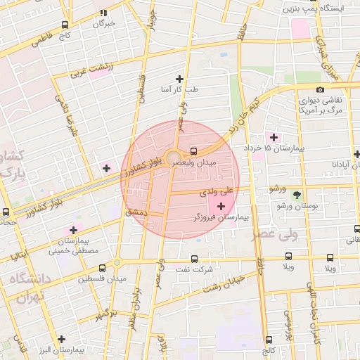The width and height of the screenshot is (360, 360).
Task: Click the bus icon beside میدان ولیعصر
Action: pos(193,150)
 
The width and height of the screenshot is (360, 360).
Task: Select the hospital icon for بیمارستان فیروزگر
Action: pos(222,206)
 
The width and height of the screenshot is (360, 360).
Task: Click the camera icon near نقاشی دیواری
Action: pos(321,89)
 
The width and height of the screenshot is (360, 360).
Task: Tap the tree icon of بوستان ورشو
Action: pos(297,194)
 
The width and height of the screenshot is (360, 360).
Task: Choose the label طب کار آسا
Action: pos(180,90)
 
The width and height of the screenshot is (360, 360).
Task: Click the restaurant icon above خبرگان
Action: pos(103,13)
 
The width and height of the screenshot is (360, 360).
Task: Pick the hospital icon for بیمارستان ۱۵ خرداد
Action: pos(274,137)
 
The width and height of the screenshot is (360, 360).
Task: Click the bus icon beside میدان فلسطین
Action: pos(103,268)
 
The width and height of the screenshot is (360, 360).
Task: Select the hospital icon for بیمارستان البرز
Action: pos(62,339)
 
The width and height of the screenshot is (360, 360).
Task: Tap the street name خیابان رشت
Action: pos(224,284)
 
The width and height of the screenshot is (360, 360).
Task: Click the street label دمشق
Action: pos(135,210)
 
